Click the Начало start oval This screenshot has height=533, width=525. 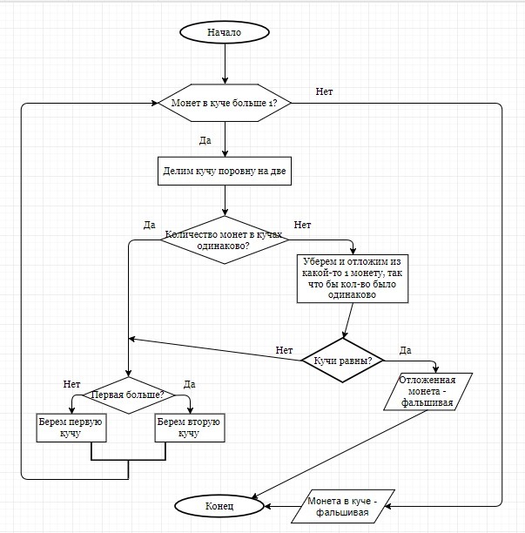click(x=225, y=32)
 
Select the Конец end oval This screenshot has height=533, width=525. click(x=219, y=505)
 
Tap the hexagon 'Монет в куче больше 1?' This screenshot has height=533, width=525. click(x=225, y=104)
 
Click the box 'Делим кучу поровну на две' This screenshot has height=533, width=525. click(x=225, y=172)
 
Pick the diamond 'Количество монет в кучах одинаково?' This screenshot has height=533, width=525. click(x=225, y=240)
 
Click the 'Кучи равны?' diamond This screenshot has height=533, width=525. click(x=343, y=360)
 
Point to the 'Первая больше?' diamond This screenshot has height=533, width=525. click(x=129, y=395)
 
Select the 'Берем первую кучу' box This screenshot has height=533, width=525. click(x=71, y=428)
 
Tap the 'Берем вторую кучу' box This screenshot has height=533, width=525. click(x=188, y=428)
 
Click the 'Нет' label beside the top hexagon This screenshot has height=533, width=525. click(x=324, y=91)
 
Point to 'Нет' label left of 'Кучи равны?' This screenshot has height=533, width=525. click(x=284, y=350)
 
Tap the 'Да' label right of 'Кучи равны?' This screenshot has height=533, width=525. click(x=406, y=350)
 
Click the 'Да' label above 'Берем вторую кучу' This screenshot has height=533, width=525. click(x=190, y=384)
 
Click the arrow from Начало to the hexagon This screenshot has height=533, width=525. click(x=225, y=64)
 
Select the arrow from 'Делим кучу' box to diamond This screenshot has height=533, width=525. click(x=225, y=200)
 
